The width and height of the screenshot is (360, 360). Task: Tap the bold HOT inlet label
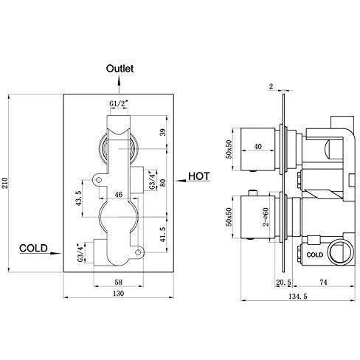(x=199, y=176)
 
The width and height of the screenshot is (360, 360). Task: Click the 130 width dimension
(x=118, y=293)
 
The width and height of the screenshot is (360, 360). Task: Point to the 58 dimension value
(x=118, y=281)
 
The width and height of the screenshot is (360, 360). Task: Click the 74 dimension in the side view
(x=323, y=282)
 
